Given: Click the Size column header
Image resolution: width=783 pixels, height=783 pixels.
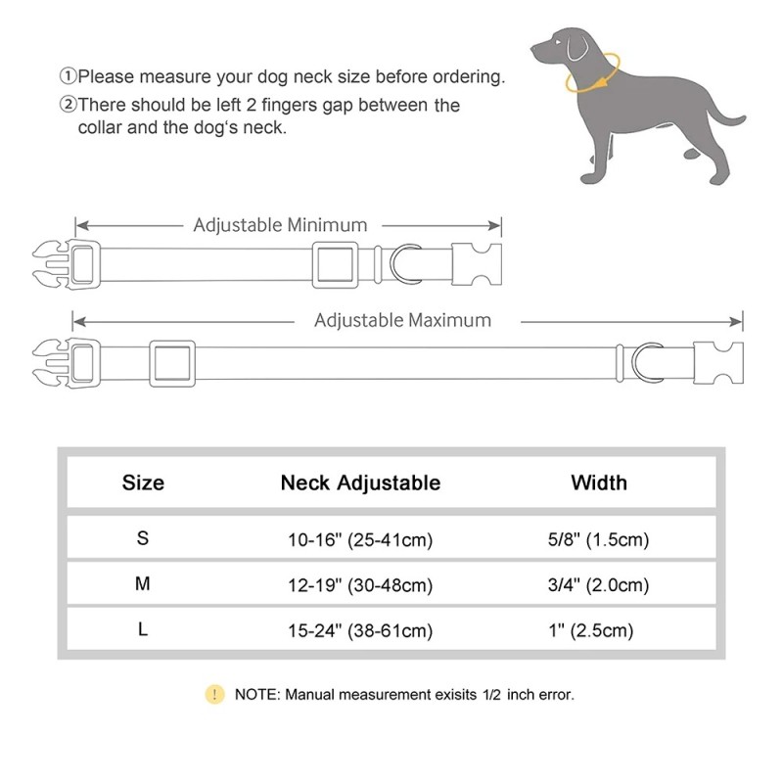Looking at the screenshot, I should tap(143, 483).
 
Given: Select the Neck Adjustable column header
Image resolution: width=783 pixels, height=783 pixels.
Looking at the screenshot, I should tap(360, 483).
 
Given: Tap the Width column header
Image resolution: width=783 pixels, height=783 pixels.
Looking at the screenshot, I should tap(599, 483).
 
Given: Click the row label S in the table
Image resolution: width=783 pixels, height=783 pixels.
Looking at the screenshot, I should tap(143, 538).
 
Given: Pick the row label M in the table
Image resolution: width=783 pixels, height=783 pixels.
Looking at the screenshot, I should tap(143, 584).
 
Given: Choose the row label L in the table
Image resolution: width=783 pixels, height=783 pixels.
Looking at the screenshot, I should tap(143, 630).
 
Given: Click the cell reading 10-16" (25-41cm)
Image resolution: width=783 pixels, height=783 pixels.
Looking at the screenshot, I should tap(360, 539).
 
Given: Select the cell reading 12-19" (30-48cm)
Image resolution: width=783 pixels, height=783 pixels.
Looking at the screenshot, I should tap(360, 585).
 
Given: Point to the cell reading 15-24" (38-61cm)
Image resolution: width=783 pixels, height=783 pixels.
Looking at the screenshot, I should tap(360, 631).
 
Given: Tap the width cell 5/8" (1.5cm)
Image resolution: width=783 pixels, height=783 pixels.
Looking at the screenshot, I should tap(599, 539).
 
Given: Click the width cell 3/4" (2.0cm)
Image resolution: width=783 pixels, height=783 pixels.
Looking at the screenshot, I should tap(599, 585).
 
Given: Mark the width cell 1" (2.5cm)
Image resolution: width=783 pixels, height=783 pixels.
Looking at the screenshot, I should tap(599, 631).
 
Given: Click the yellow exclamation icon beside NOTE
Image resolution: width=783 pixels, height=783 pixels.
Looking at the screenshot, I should tap(214, 695).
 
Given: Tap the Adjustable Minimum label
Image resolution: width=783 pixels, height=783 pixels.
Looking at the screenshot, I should tap(280, 225).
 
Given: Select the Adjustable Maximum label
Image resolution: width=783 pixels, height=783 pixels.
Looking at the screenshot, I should tap(402, 320).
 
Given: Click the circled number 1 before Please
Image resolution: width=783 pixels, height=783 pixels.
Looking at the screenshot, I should tap(68, 76).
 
